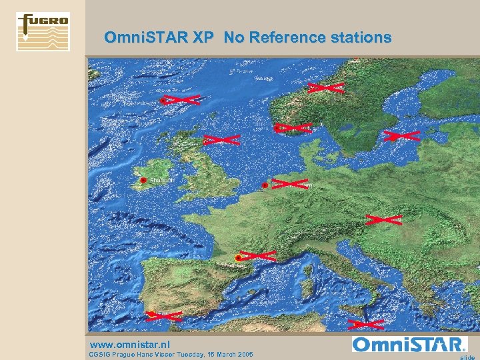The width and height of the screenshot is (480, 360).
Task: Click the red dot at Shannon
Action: (143, 180)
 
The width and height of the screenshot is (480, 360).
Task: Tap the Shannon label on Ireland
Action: (161, 180)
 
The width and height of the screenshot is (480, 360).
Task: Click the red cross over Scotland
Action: (222, 140)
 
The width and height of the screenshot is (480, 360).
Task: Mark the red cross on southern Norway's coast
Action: (294, 127)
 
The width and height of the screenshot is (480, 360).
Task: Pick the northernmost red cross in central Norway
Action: (326, 87)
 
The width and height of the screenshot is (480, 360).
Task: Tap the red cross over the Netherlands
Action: (289, 183)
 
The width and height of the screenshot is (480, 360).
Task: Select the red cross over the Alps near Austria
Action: (383, 219)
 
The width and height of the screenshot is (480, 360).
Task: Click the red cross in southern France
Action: (257, 255)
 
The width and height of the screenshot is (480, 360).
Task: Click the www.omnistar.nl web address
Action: (130, 344)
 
